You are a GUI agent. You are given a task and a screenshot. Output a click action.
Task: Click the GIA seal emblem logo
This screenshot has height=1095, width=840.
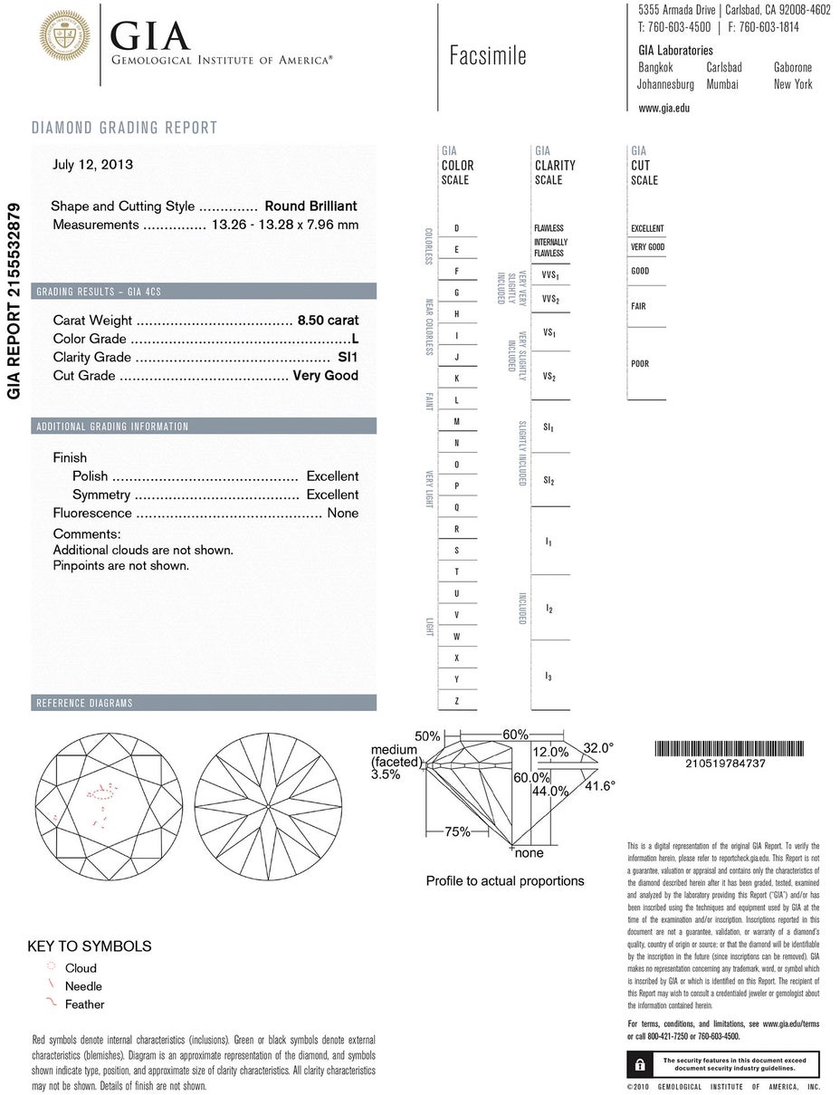64,36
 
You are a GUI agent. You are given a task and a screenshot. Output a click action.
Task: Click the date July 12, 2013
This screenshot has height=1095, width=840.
92,165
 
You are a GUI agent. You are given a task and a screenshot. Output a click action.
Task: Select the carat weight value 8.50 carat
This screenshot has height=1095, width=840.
328,321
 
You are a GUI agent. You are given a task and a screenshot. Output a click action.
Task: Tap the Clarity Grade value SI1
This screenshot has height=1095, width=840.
348,357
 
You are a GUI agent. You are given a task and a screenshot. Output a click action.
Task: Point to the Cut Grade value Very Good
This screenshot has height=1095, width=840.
326,376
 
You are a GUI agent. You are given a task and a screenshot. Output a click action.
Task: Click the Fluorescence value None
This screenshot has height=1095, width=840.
343,514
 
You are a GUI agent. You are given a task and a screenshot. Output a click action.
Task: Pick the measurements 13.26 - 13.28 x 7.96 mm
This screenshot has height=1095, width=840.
284,225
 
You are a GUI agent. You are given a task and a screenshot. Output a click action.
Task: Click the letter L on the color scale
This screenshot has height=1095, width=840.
457,400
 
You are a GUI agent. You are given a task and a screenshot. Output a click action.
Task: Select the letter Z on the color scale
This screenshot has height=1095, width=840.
457,701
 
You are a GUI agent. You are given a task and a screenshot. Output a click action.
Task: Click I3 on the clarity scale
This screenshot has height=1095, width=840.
549,677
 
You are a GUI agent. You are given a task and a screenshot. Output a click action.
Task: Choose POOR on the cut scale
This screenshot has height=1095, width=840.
640,364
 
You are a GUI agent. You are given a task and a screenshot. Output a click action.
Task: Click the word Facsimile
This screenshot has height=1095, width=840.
488,56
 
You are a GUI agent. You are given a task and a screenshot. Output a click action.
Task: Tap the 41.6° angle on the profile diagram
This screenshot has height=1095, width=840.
599,786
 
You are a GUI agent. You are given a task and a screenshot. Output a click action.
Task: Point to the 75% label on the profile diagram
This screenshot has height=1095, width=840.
457,831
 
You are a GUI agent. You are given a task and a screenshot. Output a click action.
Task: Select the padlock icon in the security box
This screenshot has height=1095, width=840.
640,1063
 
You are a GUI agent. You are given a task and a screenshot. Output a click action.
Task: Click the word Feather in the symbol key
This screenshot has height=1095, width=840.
84,1004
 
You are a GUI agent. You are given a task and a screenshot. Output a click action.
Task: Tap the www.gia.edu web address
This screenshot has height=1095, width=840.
663,108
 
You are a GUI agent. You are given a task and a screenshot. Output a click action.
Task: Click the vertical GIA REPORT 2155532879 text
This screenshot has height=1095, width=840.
14,302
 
